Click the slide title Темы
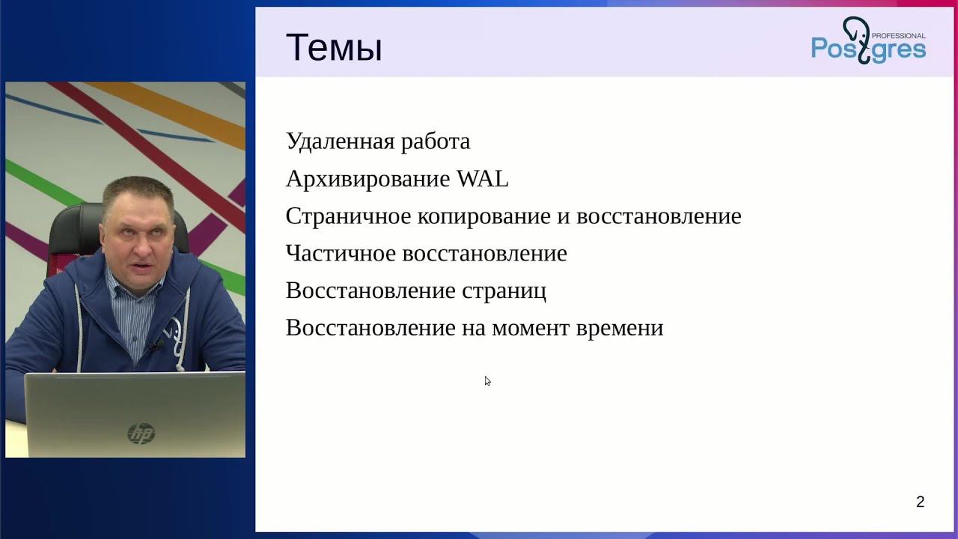pos(334,48)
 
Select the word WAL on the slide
pos(482,179)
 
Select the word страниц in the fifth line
pos(504,291)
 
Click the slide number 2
pos(920,502)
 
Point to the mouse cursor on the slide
pos(486,380)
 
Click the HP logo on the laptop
pos(141,433)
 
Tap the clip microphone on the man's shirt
pos(156,345)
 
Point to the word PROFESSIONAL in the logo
pos(899,35)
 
